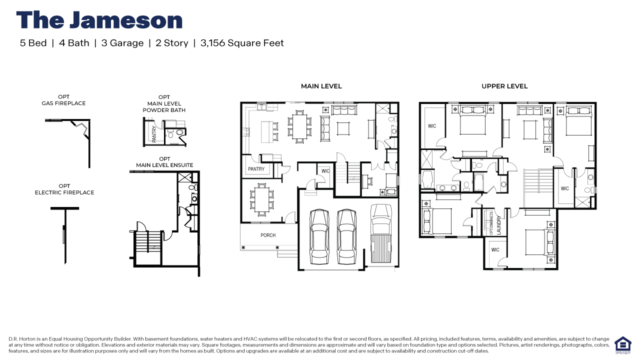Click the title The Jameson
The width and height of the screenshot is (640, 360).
[99, 20]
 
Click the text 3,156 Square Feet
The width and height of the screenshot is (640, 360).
[242, 43]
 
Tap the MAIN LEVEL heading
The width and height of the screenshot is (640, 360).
[321, 86]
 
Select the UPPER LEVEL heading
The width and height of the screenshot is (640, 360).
[504, 86]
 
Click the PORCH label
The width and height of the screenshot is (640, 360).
[268, 235]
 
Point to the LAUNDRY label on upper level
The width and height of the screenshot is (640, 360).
[498, 225]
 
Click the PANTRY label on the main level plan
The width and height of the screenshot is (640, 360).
[256, 169]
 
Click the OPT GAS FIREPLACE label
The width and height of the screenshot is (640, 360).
[63, 100]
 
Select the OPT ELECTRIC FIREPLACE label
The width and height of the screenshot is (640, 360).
[64, 189]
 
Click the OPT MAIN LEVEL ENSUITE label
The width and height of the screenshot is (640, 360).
[164, 162]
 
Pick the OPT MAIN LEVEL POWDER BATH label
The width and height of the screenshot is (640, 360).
[164, 103]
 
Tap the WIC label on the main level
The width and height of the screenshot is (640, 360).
[325, 171]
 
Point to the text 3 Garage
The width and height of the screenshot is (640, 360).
[122, 43]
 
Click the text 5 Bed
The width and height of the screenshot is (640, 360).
[33, 43]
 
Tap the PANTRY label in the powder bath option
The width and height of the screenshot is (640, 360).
[154, 133]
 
